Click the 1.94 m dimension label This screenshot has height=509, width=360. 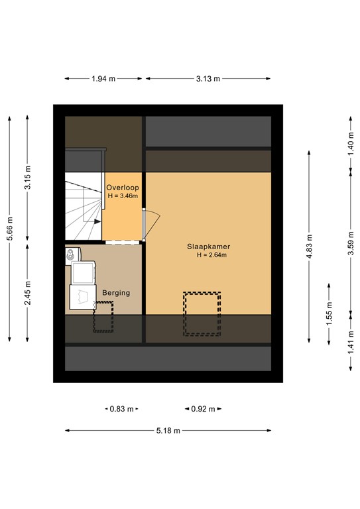click(x=103, y=79)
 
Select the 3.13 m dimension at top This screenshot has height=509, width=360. click(x=208, y=79)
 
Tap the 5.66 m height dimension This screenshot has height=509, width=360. click(x=9, y=229)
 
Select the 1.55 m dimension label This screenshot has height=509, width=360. click(x=330, y=311)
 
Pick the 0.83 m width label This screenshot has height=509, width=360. click(x=120, y=409)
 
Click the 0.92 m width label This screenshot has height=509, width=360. click(x=203, y=409)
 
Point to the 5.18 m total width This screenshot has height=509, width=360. click(x=168, y=431)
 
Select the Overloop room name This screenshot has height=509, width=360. click(x=123, y=188)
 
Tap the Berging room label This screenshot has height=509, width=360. click(x=116, y=292)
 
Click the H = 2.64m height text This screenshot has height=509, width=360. click(x=211, y=256)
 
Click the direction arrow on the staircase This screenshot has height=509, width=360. click(x=97, y=221)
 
